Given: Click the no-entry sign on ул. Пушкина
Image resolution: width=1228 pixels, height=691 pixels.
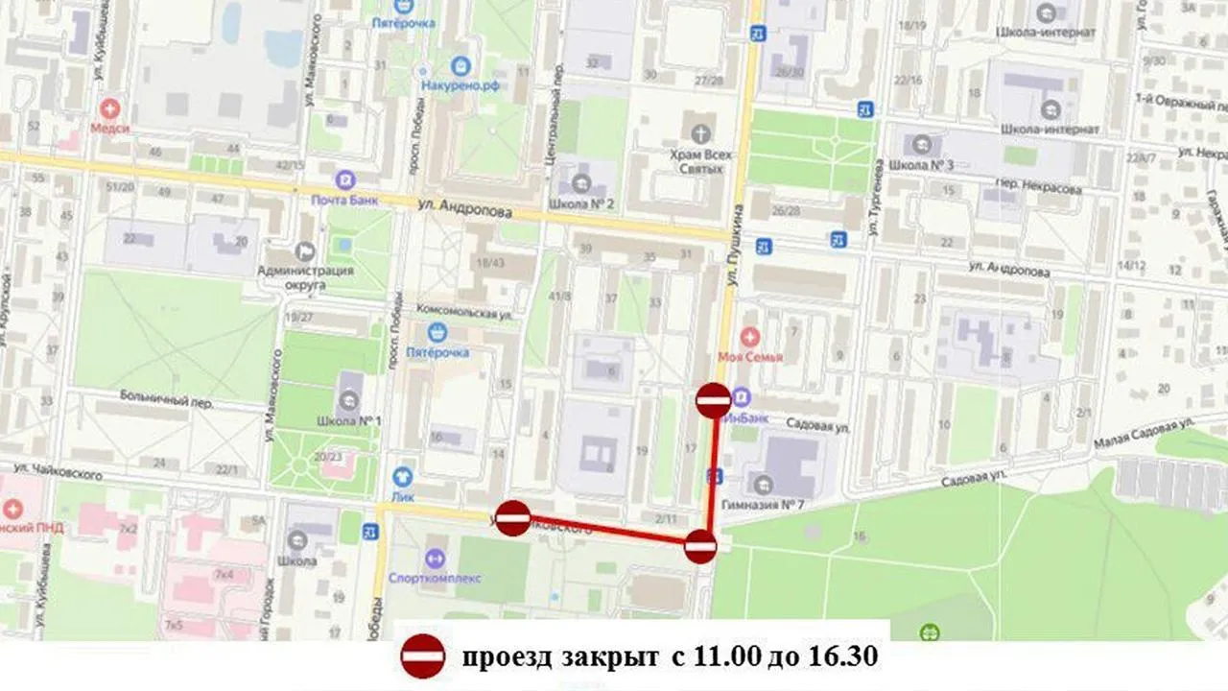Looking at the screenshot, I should [713, 400].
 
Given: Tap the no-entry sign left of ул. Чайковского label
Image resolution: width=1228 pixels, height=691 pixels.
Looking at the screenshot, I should [513, 518].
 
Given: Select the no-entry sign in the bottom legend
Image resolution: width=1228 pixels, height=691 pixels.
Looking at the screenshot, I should [422, 657].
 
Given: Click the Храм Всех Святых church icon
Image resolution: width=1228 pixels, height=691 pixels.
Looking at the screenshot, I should [698, 132].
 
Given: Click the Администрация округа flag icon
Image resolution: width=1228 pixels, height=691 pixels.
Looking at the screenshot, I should [306, 250].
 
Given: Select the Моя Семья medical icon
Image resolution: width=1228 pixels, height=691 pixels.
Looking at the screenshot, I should [750, 337].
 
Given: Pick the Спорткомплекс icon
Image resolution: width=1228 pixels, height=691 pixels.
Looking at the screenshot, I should [434, 558].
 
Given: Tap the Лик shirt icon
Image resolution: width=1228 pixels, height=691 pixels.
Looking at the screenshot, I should [403, 474].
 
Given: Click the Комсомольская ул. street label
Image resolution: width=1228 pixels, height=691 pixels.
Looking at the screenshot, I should [460, 313].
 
